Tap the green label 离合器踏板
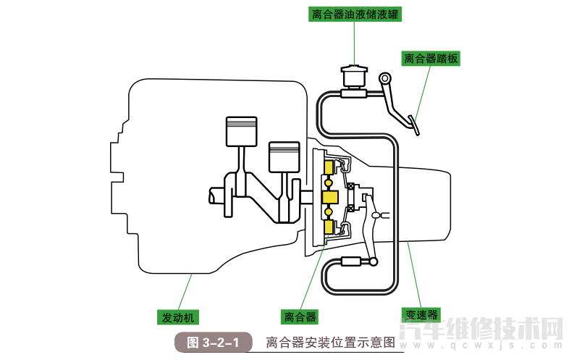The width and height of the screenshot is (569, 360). (x=431, y=59)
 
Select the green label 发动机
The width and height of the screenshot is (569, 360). (x=179, y=317)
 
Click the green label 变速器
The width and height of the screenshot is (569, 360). (x=421, y=315)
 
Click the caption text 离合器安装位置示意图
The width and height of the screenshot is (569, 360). (x=330, y=342)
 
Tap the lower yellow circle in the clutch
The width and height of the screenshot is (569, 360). (x=329, y=212)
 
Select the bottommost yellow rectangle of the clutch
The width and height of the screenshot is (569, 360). (x=329, y=227)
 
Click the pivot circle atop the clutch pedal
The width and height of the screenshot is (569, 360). (x=384, y=78)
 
